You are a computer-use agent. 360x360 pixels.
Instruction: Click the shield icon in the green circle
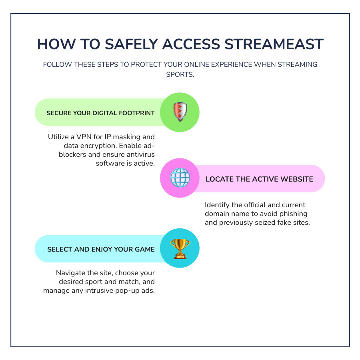pos(180,112)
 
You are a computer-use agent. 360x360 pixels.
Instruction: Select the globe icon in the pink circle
pos(180,178)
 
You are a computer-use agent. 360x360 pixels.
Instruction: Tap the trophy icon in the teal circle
pos(180,248)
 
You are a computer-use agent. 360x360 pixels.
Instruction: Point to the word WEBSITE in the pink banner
pos(296,179)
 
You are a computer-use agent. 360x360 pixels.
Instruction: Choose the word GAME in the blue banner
pos(144,249)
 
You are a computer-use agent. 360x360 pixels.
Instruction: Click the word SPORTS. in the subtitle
pos(180,75)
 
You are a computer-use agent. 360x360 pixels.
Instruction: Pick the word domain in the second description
pos(217,214)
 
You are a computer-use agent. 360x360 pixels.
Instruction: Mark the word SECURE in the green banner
pos(59,113)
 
